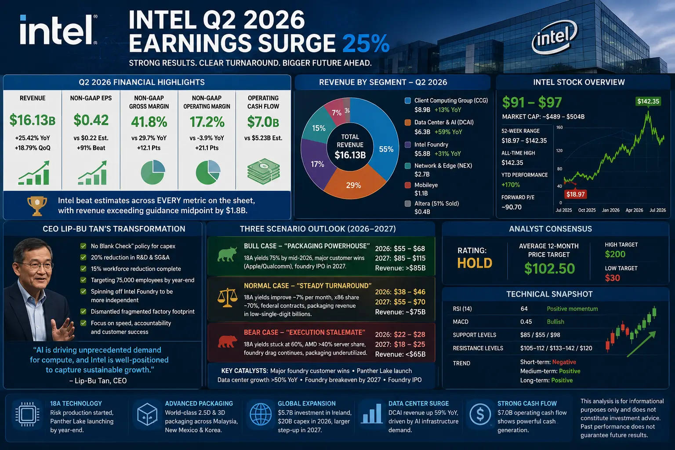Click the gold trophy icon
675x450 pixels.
pos(37,206)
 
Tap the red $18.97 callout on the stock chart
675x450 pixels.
pos(575,194)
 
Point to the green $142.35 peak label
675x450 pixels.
pos(648,101)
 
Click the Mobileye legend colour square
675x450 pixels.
pos(408,185)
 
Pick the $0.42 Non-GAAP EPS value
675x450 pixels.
pos(91,120)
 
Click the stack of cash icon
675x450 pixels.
pos(264,171)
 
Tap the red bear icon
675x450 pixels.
pos(227,341)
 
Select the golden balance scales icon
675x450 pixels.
pos(227,298)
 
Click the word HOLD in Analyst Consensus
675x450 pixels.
pos(475,263)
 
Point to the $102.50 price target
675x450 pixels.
pos(549,269)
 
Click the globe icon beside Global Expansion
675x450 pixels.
pos(261,414)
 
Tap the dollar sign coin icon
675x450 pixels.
pos(480,414)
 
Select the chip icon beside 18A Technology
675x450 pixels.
pos(27,414)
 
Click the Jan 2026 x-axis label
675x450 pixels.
pos(610,210)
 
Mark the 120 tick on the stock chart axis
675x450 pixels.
pos(559,150)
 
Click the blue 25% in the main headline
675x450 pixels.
pos(366,44)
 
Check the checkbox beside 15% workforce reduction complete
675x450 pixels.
pos(83,269)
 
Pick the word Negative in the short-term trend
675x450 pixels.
pos(564,362)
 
